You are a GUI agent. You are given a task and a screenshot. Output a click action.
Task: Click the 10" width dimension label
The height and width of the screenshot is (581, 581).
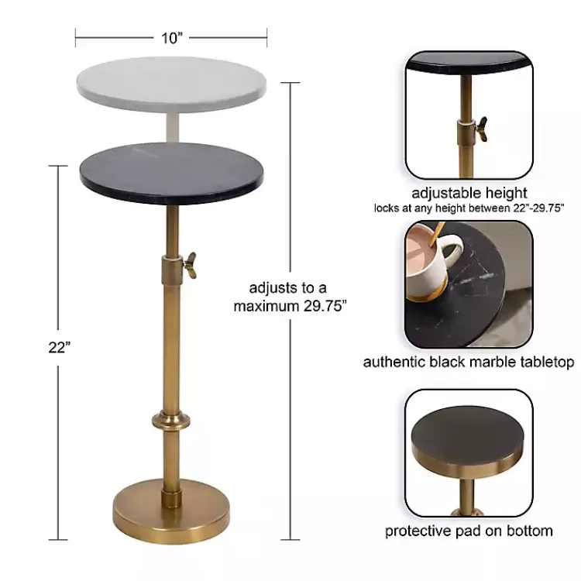point(172,37)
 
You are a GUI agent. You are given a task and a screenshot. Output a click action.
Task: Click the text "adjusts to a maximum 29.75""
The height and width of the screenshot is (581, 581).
point(290,295)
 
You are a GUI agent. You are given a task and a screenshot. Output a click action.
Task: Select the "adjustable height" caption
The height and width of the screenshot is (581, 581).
point(469,193)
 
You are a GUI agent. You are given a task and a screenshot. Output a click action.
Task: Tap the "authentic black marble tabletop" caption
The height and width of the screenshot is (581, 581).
point(469,362)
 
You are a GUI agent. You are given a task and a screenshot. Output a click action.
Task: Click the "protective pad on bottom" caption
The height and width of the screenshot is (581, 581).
point(469,531)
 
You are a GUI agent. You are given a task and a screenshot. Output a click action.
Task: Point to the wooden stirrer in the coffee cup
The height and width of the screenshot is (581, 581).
point(438,232)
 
